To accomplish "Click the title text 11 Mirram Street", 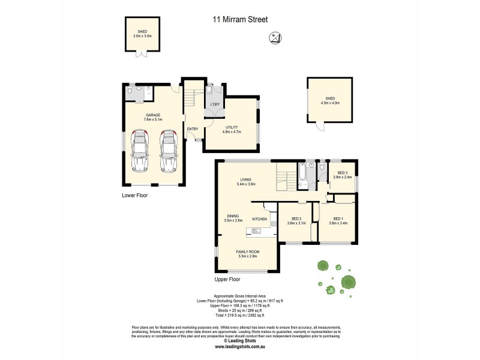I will tap(240, 19).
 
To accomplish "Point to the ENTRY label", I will tap(193, 129).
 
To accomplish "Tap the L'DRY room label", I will tap(214, 106).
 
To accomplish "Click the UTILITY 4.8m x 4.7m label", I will tap(232, 129).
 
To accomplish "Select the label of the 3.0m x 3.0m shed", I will tap(142, 34).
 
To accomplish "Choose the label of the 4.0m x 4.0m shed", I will tap(329, 101).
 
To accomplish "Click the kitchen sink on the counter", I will tap(259, 230).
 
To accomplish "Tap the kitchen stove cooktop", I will tap(273, 223).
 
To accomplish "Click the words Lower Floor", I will tap(134, 196).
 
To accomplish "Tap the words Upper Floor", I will tap(227, 280).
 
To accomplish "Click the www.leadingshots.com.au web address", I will tap(239, 346).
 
